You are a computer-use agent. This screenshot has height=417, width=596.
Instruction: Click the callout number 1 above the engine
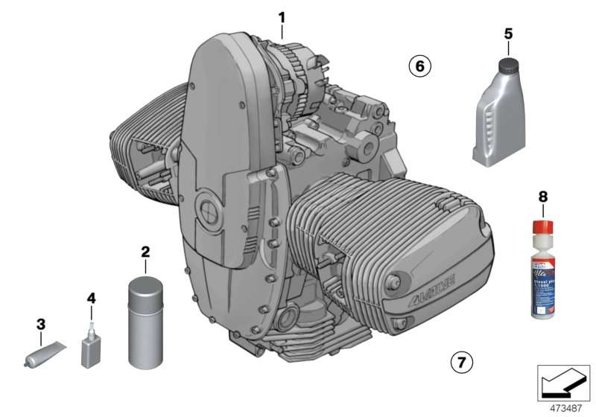(x=282, y=16)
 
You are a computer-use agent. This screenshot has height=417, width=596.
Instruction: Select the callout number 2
(x=145, y=252)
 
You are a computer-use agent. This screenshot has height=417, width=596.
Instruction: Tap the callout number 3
(x=41, y=324)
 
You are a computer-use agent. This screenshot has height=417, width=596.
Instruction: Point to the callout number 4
(x=91, y=299)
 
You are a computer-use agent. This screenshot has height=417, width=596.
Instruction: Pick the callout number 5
(x=508, y=34)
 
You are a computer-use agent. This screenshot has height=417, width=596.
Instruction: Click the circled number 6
(x=419, y=67)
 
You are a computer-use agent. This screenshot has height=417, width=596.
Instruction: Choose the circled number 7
(x=461, y=363)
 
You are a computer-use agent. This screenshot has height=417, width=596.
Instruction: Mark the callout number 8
(x=542, y=197)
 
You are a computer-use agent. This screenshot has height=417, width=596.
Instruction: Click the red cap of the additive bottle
(x=543, y=226)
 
